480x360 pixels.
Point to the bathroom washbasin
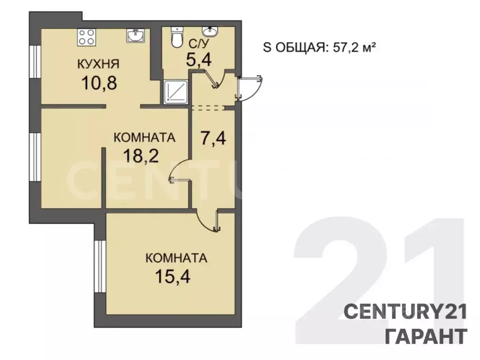(x=210, y=31)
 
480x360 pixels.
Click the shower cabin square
(x=175, y=91)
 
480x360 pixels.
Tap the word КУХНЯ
(x=98, y=64)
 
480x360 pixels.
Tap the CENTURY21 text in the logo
(x=405, y=312)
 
